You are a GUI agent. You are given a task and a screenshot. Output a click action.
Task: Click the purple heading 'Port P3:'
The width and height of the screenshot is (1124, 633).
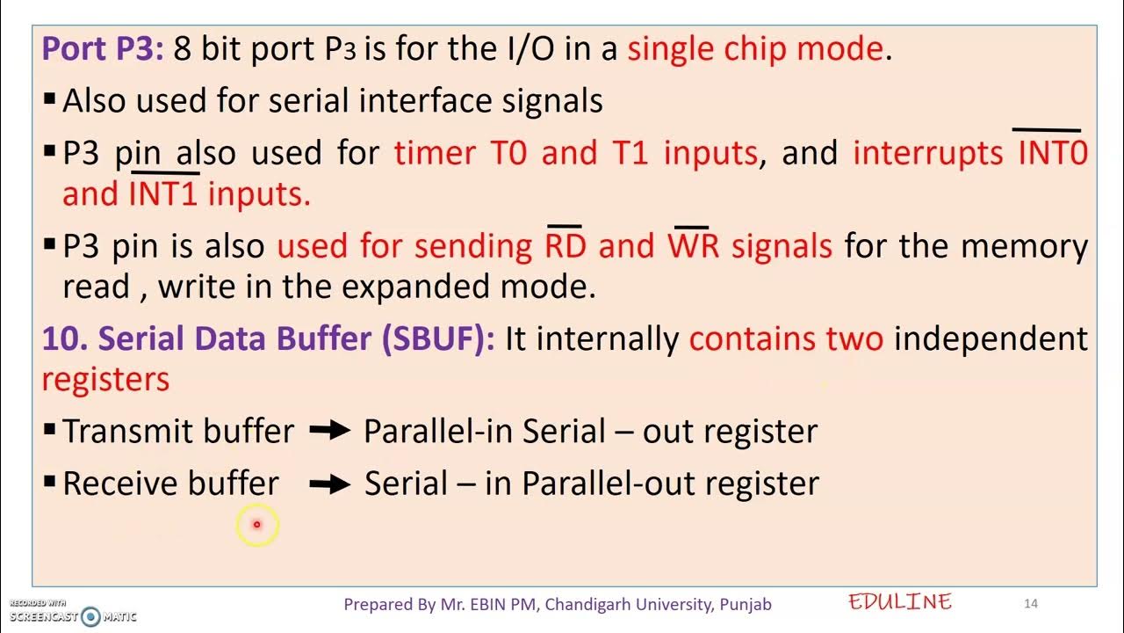tap(103, 48)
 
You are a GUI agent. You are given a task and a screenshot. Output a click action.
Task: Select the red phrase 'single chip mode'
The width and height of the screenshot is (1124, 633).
tap(755, 48)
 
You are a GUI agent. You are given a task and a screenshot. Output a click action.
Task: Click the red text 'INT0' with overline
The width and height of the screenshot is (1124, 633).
tap(1052, 153)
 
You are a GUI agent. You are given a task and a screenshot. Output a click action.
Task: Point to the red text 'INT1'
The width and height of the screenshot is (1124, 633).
tap(163, 194)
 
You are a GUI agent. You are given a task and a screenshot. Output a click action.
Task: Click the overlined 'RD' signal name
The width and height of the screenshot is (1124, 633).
tap(565, 246)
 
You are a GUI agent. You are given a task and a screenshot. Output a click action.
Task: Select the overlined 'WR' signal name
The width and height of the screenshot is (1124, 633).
tap(693, 246)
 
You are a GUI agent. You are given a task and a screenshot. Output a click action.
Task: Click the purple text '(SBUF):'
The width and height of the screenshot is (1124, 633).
tap(438, 338)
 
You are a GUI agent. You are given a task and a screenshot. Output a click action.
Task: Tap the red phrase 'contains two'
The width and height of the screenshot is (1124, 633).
tap(786, 338)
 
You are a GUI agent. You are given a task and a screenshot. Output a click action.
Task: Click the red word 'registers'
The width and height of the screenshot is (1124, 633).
tap(105, 380)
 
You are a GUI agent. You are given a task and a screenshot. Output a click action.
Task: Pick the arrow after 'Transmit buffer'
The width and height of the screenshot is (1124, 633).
tap(330, 432)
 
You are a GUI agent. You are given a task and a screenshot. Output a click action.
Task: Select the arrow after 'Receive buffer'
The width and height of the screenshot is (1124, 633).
tap(330, 484)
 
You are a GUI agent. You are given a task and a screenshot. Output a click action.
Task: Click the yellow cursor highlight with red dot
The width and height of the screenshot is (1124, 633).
tap(257, 525)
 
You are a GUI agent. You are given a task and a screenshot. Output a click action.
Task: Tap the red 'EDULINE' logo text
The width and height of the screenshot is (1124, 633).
tap(900, 602)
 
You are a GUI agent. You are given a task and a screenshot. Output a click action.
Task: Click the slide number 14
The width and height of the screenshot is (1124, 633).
tap(1031, 603)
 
